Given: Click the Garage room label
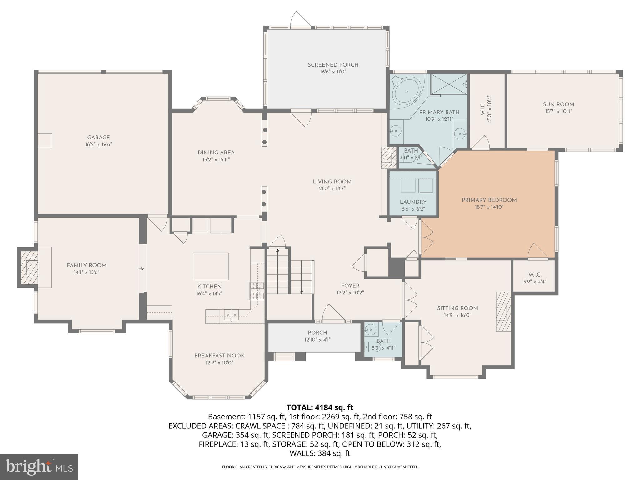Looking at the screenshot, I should pos(98,137).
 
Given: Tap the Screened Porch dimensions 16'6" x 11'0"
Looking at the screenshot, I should pos(333,72).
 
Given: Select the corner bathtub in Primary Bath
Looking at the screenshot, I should pos(407,92).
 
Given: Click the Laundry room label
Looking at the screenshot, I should pos(413,202).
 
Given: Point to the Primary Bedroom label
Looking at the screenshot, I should pos(489,200).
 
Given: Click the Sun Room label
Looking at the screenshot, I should pos(558,104).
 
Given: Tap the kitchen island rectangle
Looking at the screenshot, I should pos(211,266).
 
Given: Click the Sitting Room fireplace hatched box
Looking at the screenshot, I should pos(503,312).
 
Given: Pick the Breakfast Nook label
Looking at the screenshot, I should pos(219,356).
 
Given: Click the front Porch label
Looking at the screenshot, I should pos(317,333).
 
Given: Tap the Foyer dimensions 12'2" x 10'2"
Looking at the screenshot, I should pos(350,293).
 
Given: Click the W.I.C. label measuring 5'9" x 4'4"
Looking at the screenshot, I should pos(535,275).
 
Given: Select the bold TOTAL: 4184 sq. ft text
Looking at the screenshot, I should pos(320,407).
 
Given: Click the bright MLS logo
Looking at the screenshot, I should pos(39,467).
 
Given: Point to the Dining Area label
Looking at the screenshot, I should pos(216,152).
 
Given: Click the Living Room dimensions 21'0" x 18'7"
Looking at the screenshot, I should pos(332,189).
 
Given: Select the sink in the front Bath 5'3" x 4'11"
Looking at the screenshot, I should pos(371,329).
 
